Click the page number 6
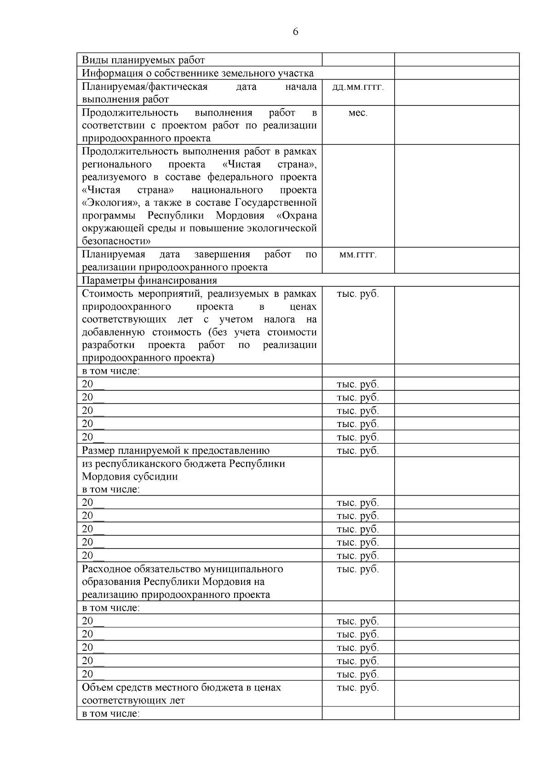pos(295,32)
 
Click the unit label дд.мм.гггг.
pos(358,87)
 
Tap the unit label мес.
pos(358,113)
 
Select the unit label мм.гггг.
pos(358,255)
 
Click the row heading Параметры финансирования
pos(149,280)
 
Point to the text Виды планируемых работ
pos(143,60)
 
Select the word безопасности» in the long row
pos(117,241)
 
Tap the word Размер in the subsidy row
pos(98,451)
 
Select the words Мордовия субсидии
pos(130,477)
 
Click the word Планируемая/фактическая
pos(144,87)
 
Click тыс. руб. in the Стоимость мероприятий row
pos(358,294)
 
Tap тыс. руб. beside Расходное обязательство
pos(358,569)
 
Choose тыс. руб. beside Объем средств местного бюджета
pos(358,688)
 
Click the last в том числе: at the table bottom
pos(111,713)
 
